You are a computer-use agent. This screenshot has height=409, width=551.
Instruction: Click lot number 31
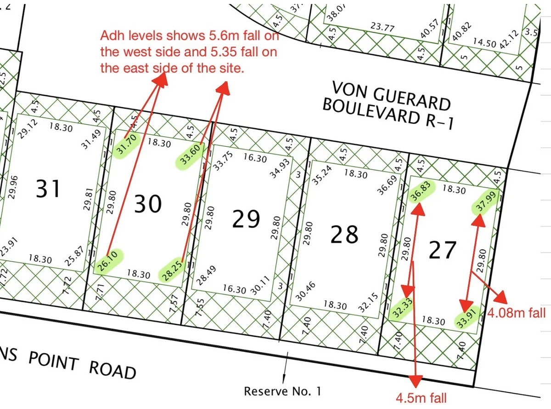tap(48, 189)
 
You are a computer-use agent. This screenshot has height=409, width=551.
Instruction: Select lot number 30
tap(147, 204)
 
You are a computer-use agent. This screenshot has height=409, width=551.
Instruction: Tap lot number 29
tap(246, 219)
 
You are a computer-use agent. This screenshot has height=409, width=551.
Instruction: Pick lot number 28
tap(345, 235)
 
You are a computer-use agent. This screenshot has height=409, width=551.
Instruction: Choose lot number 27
tap(443, 250)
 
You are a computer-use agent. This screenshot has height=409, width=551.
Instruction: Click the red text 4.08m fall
tap(517, 313)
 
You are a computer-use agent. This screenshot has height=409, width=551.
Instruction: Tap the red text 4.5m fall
tap(421, 397)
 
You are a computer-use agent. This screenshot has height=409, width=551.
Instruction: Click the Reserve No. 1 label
tap(282, 392)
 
